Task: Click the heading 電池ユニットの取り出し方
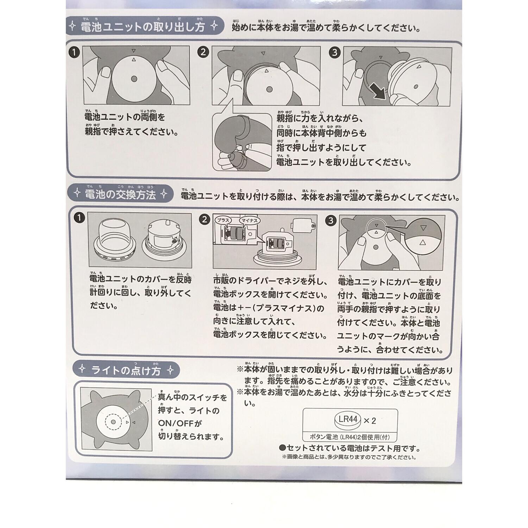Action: [x=143, y=27]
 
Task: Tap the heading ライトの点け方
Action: [x=126, y=370]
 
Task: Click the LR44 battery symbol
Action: [x=347, y=420]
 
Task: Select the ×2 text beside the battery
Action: [x=370, y=420]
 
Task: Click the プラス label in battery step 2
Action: [x=224, y=221]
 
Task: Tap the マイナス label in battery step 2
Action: [x=249, y=221]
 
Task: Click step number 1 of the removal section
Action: [x=75, y=53]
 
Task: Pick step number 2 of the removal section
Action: [x=203, y=52]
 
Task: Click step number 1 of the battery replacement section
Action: [x=80, y=218]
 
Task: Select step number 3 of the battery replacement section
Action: [x=331, y=221]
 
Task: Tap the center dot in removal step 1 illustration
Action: [x=134, y=79]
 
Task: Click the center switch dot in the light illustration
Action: [x=113, y=422]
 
